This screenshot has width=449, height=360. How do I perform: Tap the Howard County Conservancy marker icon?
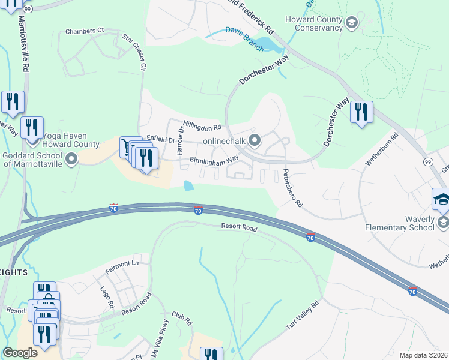coord(352,23)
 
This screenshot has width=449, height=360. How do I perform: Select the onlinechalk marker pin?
coord(255,142)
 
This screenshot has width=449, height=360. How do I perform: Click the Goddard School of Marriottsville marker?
coord(71,160)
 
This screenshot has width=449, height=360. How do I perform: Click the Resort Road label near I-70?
coord(238,229)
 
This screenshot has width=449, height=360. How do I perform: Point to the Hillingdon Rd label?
coord(202,124)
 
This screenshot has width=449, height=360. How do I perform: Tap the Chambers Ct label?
coord(85,31)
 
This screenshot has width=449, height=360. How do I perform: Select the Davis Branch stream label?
coord(244,38)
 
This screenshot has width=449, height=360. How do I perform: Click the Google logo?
coord(20,353)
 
